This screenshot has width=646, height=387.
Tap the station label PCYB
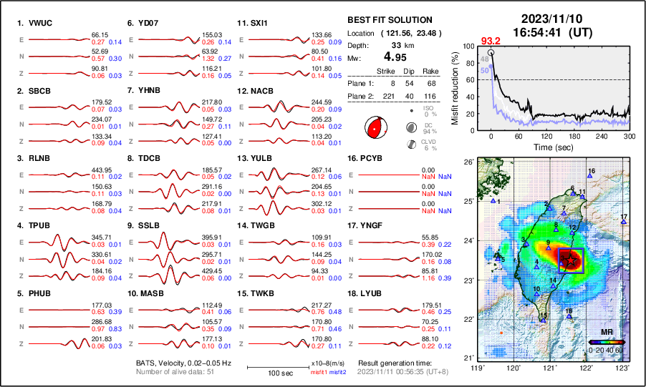point(370,157)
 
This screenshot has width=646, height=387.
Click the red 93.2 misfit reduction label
point(491,41)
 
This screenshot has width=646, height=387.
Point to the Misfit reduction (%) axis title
point(455,88)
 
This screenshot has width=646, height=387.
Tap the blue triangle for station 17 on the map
point(623,222)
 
